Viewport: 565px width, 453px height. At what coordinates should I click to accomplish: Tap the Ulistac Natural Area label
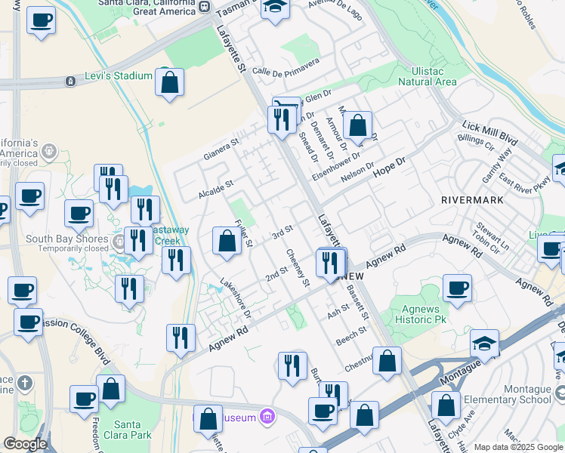pos(427,76)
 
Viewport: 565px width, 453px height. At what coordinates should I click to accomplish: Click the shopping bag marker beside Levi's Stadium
pos(170,82)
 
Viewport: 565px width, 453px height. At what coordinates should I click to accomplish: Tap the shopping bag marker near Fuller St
pos(227,242)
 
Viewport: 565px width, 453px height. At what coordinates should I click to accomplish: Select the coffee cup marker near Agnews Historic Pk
pos(457,288)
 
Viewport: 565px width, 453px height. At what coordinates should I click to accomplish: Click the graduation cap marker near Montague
pos(484,344)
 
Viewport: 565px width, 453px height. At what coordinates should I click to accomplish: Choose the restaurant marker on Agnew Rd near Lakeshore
pos(181,339)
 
